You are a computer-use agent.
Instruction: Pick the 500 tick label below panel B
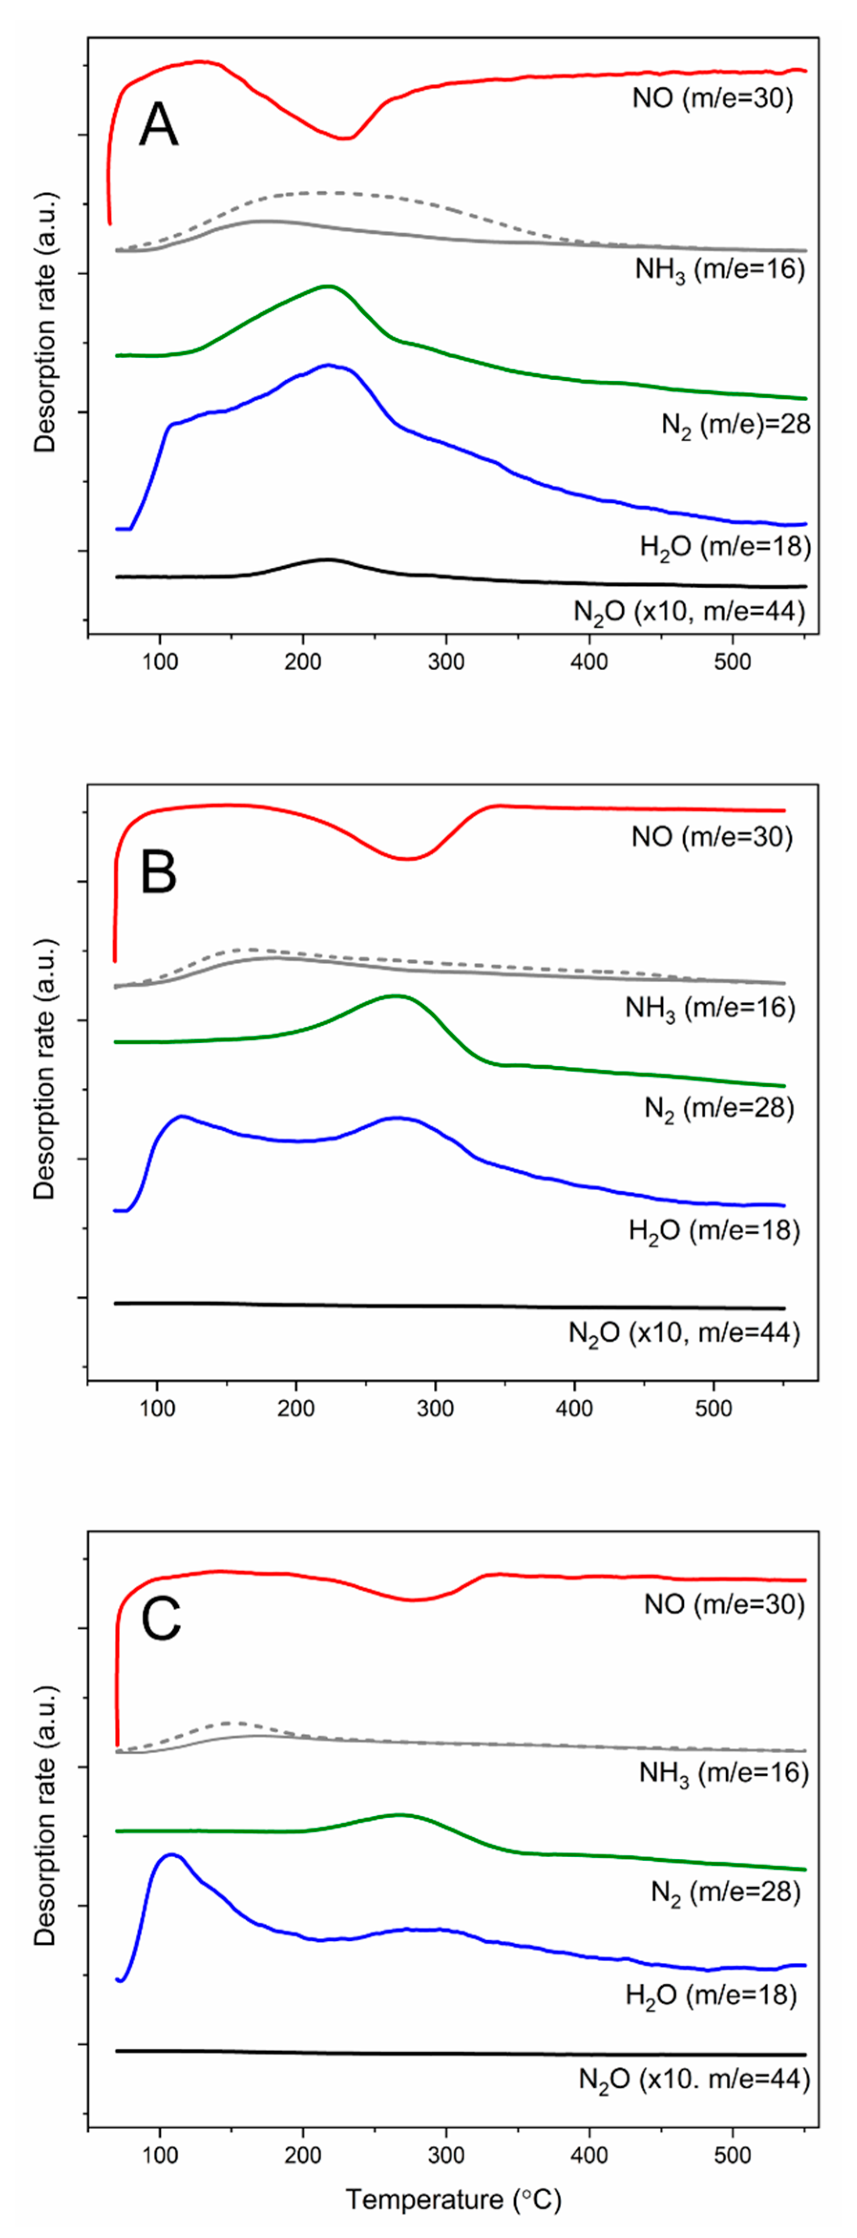point(714,1408)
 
